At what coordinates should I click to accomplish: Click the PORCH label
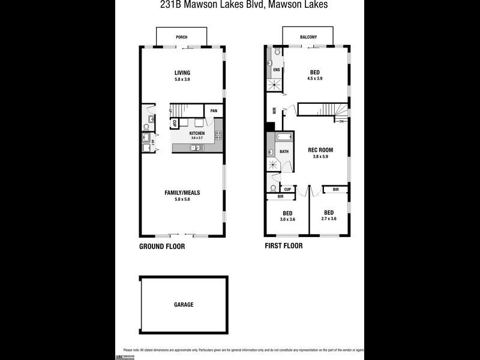point(181,37)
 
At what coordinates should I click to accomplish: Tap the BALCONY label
point(308,37)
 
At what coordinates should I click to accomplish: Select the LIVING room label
point(182,73)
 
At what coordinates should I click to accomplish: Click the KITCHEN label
point(197,133)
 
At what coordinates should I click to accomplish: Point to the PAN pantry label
point(213,111)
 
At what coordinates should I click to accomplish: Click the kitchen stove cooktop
point(218,136)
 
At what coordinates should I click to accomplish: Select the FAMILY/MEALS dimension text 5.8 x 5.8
point(182,199)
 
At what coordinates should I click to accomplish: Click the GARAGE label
point(184,305)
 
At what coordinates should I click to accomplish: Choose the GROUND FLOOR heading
point(162,247)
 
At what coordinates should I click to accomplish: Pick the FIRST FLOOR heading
point(284,246)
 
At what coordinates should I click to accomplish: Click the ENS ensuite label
point(276,70)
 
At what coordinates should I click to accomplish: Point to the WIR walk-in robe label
point(274,110)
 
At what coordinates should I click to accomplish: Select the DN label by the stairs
point(342,122)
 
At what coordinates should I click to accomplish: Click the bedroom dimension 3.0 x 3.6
point(288,220)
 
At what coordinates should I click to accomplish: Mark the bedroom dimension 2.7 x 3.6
point(329,219)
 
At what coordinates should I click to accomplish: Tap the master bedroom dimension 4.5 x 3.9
point(315,79)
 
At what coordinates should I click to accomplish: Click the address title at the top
point(239,5)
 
